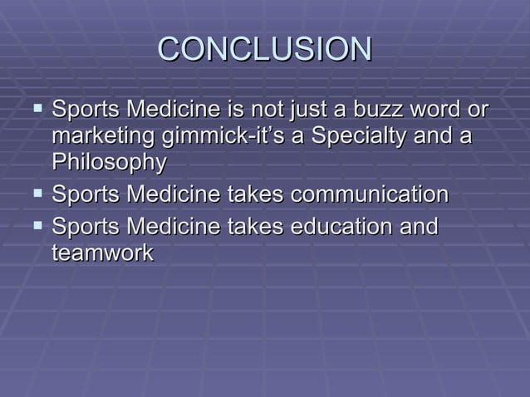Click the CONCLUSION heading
tap(264, 49)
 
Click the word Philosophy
tap(109, 164)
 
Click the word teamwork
tap(102, 253)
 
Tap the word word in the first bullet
tap(444, 109)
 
